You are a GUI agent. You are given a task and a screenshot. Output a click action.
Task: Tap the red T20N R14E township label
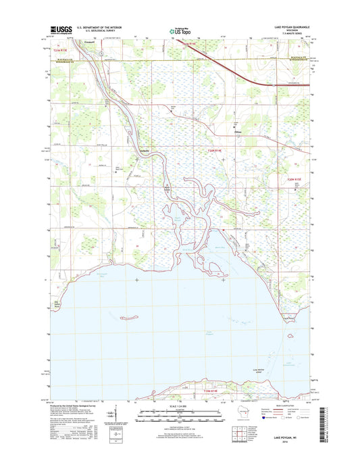(x=215, y=150)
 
